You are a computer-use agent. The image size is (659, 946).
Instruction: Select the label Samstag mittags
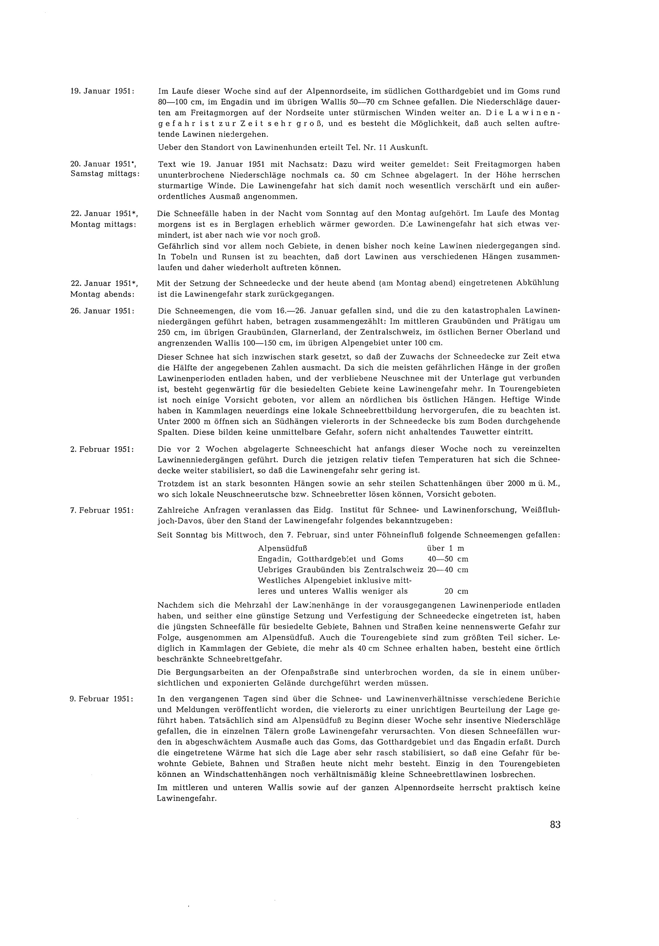click(x=105, y=174)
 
